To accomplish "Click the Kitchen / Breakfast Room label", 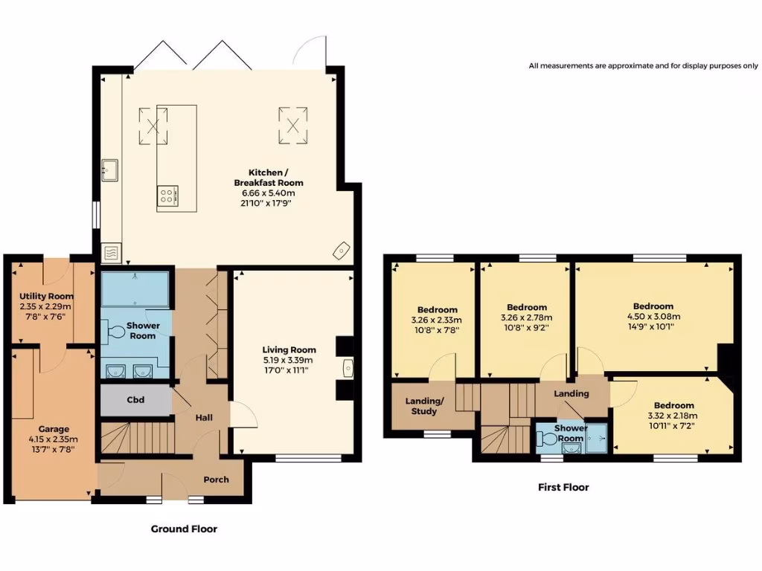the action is tap(269, 178).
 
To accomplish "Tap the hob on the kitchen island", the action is tap(167, 196).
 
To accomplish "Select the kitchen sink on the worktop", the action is tap(110, 170).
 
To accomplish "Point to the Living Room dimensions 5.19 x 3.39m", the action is tap(288, 361).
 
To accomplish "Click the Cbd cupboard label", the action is tap(135, 400).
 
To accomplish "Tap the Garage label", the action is tap(54, 429).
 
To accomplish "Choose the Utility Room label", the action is tap(47, 296).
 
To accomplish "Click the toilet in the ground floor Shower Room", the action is tap(115, 332).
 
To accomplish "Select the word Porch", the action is tap(217, 480).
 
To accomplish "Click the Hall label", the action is tap(204, 418).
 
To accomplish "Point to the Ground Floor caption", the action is tap(185, 529).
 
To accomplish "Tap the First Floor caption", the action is tap(563, 488).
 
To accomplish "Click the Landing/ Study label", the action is tap(424, 407).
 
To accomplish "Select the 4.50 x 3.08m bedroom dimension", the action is tap(653, 317).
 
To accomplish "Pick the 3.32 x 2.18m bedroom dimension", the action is tap(673, 416).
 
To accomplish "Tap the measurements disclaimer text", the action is tap(644, 65).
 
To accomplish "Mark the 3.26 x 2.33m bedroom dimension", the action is tap(436, 320).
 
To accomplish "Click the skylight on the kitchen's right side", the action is tap(293, 126).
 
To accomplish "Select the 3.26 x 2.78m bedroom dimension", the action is tap(526, 318).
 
